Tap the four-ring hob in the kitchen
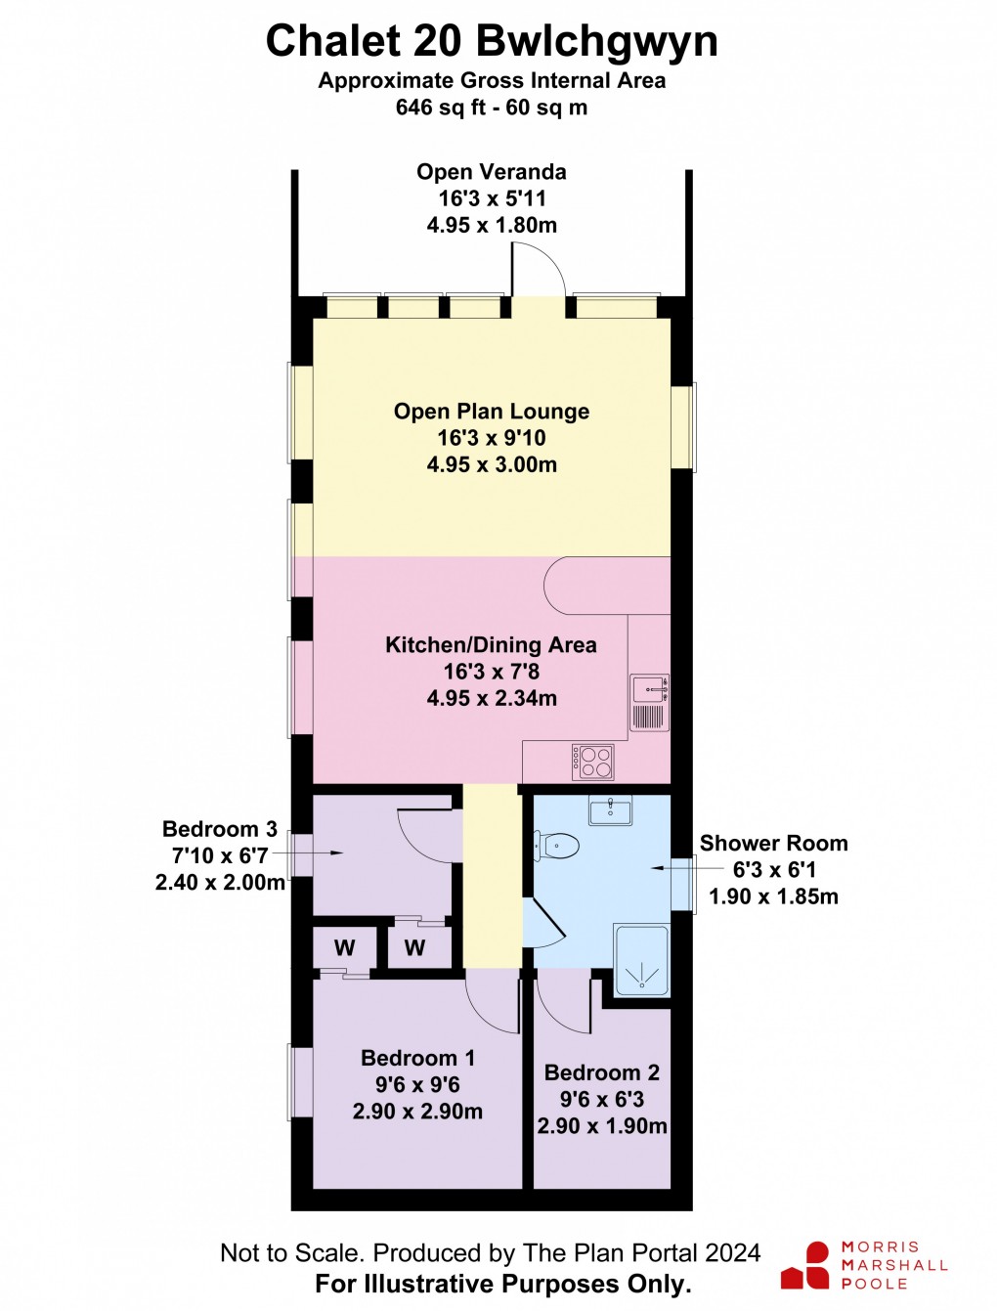click(x=593, y=762)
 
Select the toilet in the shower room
click(x=556, y=846)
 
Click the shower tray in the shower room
click(x=641, y=961)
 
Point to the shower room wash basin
click(x=610, y=809)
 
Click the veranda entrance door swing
click(x=538, y=269)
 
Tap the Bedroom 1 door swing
click(x=493, y=1003)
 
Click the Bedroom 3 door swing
click(x=427, y=836)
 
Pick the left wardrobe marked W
click(x=344, y=947)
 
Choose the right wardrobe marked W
click(x=415, y=947)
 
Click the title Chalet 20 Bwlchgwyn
click(x=492, y=42)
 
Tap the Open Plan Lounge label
click(x=492, y=412)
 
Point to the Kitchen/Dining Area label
click(x=491, y=645)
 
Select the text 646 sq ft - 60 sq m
click(x=492, y=108)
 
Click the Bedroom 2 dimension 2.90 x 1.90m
click(x=602, y=1126)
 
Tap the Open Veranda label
click(x=492, y=172)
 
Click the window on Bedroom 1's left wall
click(x=301, y=1081)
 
